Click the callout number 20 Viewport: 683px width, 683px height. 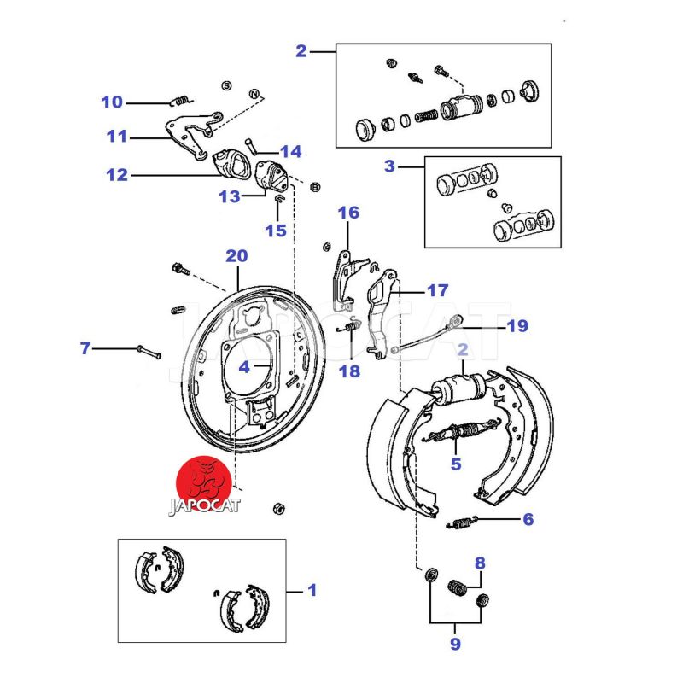coord(236,255)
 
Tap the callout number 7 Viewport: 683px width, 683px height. coord(85,348)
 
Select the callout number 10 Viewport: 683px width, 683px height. coord(112,103)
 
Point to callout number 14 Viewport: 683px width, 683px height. coord(291,152)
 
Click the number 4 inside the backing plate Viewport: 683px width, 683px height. coord(243,368)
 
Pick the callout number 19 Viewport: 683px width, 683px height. coord(517,325)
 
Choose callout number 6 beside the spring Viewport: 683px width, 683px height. coord(528,518)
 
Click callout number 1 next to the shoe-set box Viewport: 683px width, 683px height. coord(312,589)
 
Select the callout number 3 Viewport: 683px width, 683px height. coord(389,166)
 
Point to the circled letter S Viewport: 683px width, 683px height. coord(226,85)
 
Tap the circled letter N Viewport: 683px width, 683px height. coord(254,92)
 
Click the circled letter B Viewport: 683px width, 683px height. coord(315,186)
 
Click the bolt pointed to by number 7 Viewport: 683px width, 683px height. coord(149,351)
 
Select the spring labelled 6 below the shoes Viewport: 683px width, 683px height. coord(461,522)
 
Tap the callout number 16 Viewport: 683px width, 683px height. coord(348,213)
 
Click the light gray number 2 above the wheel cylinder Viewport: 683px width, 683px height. coord(463,349)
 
